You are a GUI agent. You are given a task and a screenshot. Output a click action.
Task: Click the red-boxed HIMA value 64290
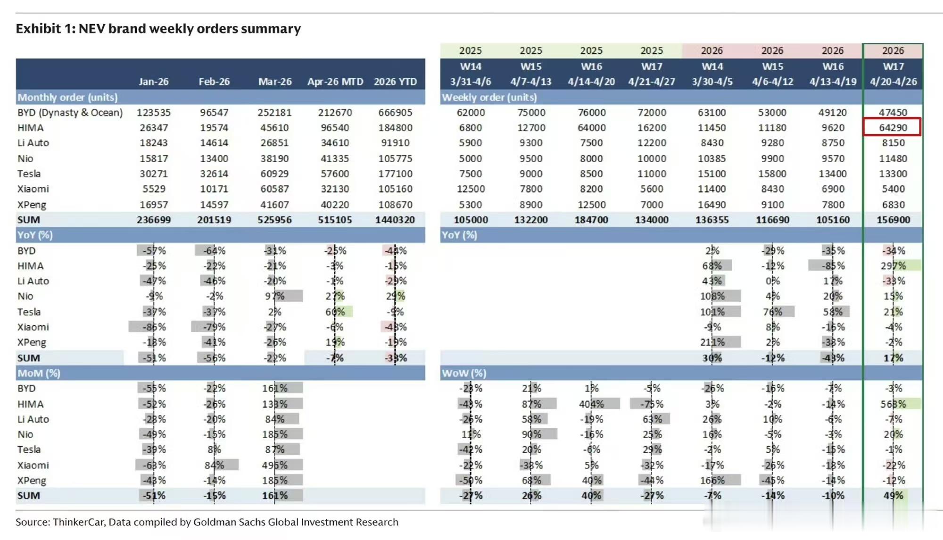(x=893, y=128)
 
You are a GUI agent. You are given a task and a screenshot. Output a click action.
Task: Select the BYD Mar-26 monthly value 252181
(x=274, y=113)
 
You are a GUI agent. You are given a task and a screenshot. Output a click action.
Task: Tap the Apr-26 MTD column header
(x=335, y=82)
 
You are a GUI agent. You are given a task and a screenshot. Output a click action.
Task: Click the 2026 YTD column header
(x=395, y=82)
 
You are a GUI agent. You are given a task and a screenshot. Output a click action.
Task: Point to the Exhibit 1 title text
(x=158, y=29)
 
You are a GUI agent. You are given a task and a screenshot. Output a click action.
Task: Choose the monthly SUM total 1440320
(x=395, y=220)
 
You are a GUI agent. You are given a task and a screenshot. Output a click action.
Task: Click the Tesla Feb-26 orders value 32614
(x=214, y=174)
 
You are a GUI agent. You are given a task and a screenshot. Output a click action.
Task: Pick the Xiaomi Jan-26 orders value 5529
(x=154, y=189)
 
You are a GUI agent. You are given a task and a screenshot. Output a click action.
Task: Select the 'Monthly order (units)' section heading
(x=67, y=97)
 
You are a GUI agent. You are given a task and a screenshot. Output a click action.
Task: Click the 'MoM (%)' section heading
(x=39, y=373)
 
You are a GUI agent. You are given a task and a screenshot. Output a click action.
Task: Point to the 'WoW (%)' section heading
(x=464, y=373)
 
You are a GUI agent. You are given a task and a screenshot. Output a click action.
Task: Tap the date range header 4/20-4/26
(x=893, y=82)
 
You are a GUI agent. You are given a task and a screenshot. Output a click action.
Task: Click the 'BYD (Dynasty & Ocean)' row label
(x=70, y=113)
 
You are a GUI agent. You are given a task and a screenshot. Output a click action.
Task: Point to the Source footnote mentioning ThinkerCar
(x=207, y=522)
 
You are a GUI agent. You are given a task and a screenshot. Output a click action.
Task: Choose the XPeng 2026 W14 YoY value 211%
(x=712, y=342)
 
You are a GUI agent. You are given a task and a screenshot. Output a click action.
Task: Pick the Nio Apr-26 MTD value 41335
(x=335, y=158)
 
